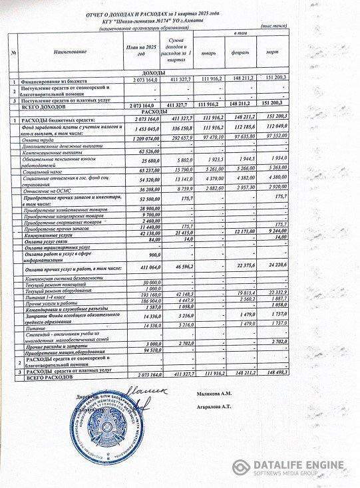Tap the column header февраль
coord(241,51)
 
